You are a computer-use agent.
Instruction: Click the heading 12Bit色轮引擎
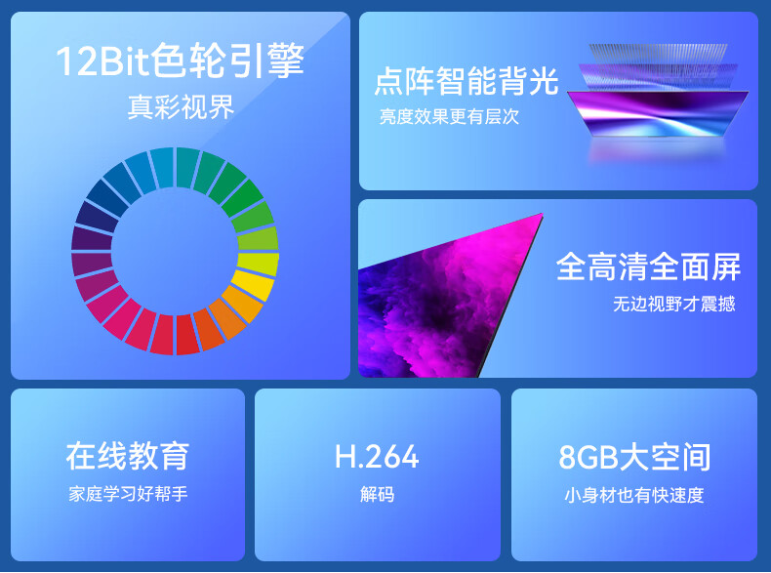tap(180, 61)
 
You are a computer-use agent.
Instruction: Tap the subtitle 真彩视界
tap(181, 106)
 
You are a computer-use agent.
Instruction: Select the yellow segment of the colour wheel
tap(254, 285)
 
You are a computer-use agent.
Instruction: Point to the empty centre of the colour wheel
tap(175, 251)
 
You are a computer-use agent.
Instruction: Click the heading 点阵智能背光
tap(467, 81)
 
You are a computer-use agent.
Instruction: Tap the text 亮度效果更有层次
tap(449, 116)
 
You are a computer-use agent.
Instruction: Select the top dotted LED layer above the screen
tap(658, 53)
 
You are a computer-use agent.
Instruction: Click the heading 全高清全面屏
tap(648, 266)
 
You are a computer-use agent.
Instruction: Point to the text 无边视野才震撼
tap(673, 304)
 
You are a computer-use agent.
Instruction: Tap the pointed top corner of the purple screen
tap(542, 214)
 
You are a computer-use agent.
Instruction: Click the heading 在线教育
tap(127, 456)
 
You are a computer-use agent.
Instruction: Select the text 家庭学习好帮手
tap(128, 493)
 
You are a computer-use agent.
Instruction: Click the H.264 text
tap(377, 457)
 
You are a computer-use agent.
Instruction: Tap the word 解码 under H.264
tap(377, 494)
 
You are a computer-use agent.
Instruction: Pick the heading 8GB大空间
tap(634, 457)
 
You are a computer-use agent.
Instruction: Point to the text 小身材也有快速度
tap(634, 495)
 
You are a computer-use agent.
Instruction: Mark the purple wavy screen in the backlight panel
tap(658, 113)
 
